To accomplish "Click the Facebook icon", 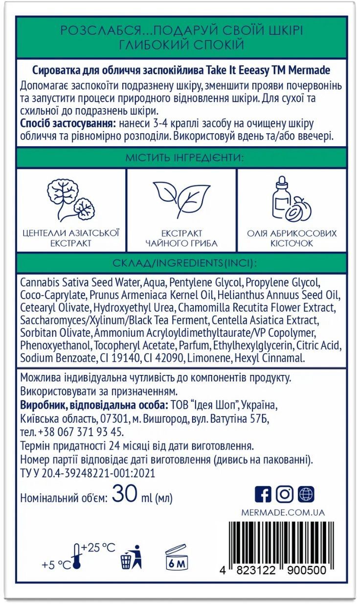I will coord(263,494).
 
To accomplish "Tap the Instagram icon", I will coord(284,494).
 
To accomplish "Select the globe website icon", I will coord(306,494).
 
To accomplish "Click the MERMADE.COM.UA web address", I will coord(283,512).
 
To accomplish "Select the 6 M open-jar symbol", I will coord(177,557).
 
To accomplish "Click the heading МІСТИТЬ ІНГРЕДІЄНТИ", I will coord(180,158).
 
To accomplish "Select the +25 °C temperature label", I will coord(98,547).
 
